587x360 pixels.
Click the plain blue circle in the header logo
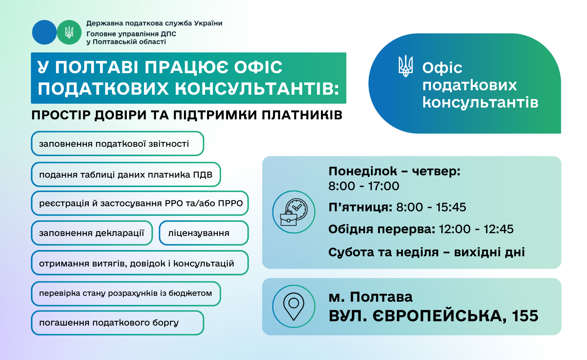[x=44, y=32]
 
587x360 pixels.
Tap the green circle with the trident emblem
[x=69, y=32]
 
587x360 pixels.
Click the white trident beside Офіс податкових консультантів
[x=405, y=66]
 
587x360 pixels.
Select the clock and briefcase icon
[x=294, y=212]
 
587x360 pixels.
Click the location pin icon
[x=294, y=306]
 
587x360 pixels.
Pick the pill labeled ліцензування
[x=203, y=233]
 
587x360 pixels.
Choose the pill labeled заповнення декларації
[x=92, y=233]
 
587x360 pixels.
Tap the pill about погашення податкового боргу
[x=118, y=323]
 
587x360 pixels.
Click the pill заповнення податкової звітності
[x=118, y=144]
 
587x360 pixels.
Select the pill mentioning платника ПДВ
[x=126, y=175]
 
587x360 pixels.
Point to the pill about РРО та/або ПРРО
[x=140, y=203]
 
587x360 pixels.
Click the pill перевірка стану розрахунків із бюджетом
[x=126, y=293]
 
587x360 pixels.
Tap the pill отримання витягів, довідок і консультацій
[x=140, y=263]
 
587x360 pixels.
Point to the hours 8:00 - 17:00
[x=364, y=186]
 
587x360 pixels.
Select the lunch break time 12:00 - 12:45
[x=476, y=229]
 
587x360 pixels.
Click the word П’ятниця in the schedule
[x=360, y=207]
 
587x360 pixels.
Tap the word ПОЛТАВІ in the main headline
[x=97, y=67]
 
